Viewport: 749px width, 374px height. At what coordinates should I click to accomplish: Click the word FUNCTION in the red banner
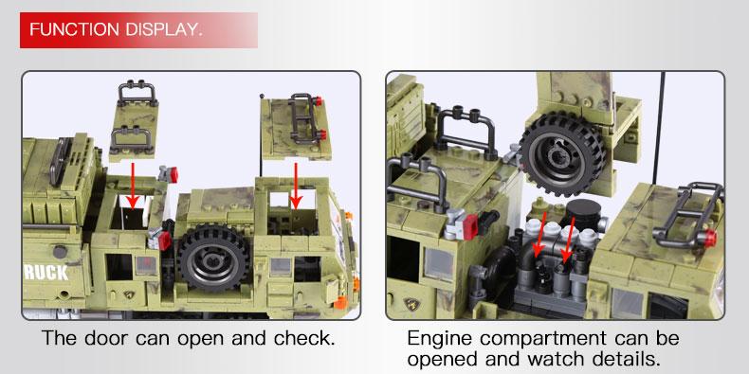tap(75, 29)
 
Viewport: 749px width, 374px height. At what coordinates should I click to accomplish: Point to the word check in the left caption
tap(303, 338)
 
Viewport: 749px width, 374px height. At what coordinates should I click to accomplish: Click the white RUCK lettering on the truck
tap(46, 273)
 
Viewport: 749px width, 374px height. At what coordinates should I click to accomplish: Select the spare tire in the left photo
tap(213, 258)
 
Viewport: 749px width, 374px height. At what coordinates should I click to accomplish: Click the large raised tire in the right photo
tap(562, 153)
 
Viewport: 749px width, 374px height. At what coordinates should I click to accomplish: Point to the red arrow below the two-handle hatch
tap(133, 185)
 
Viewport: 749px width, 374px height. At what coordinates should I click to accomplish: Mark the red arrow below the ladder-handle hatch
tap(296, 185)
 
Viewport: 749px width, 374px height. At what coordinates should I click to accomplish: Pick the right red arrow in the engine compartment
tap(569, 240)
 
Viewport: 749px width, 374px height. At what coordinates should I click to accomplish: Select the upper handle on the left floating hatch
tap(137, 93)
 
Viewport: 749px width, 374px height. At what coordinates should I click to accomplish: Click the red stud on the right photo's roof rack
tap(710, 238)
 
